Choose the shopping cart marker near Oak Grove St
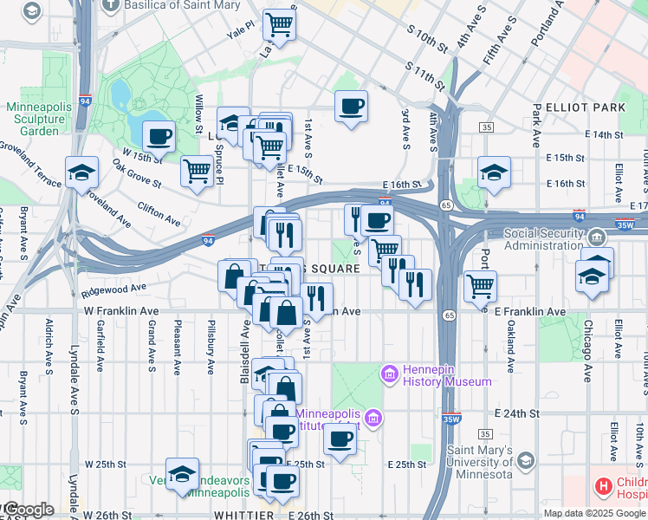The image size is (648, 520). pos(198,169)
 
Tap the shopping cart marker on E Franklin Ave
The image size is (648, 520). pos(479,284)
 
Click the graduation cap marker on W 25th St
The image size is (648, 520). pos(182,472)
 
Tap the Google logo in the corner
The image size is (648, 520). pos(28,510)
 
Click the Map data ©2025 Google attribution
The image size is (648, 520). pos(594,513)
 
